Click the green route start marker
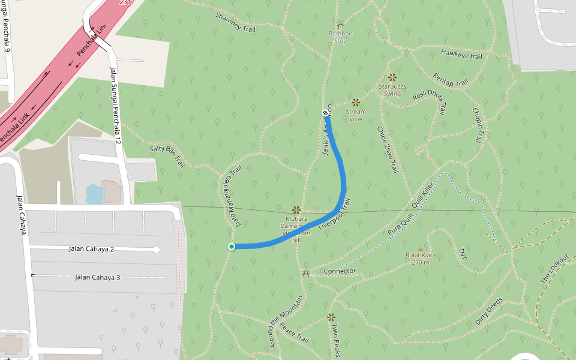232,247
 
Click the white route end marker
325,113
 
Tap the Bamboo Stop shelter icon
340,26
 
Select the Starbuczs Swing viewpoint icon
392,77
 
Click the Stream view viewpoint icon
356,102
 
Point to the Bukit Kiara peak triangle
420,248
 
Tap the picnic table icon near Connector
307,273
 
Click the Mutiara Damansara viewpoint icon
296,210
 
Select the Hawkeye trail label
461,55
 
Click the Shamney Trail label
235,22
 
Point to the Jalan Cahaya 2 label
91,249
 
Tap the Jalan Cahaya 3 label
98,277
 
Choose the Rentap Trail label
450,79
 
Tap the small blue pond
95,194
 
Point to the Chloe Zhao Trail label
387,149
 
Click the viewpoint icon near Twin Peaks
331,317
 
